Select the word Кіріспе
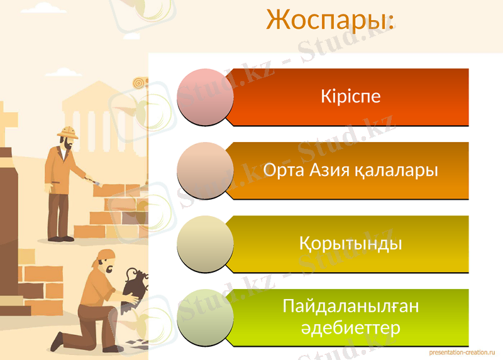[x=350, y=97]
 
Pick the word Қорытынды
[x=350, y=244]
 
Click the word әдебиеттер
[x=350, y=329]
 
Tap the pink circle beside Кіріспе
[x=206, y=97]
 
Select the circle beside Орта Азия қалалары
[x=206, y=171]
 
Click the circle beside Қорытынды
[x=206, y=244]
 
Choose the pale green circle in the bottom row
[x=206, y=317]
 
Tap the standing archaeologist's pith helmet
[x=67, y=131]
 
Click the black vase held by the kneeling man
[x=133, y=282]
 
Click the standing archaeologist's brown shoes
[x=60, y=238]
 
